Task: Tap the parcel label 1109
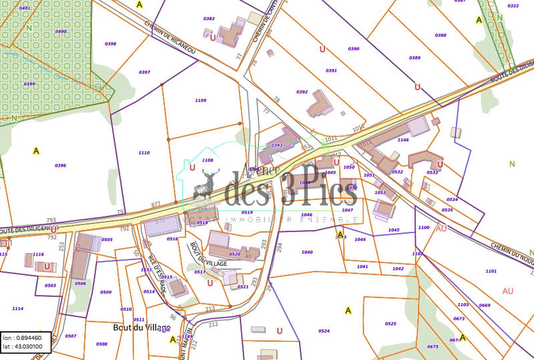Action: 200,100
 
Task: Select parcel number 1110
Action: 144,153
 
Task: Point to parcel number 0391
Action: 331,70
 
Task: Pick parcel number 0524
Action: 324,331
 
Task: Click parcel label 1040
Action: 306,252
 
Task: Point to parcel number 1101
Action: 491,271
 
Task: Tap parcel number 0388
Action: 441,35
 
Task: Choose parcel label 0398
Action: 111,43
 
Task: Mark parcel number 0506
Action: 80,284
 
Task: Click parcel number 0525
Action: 390,324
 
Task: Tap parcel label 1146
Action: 403,140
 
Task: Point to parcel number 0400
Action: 61,31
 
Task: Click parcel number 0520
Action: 234,254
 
